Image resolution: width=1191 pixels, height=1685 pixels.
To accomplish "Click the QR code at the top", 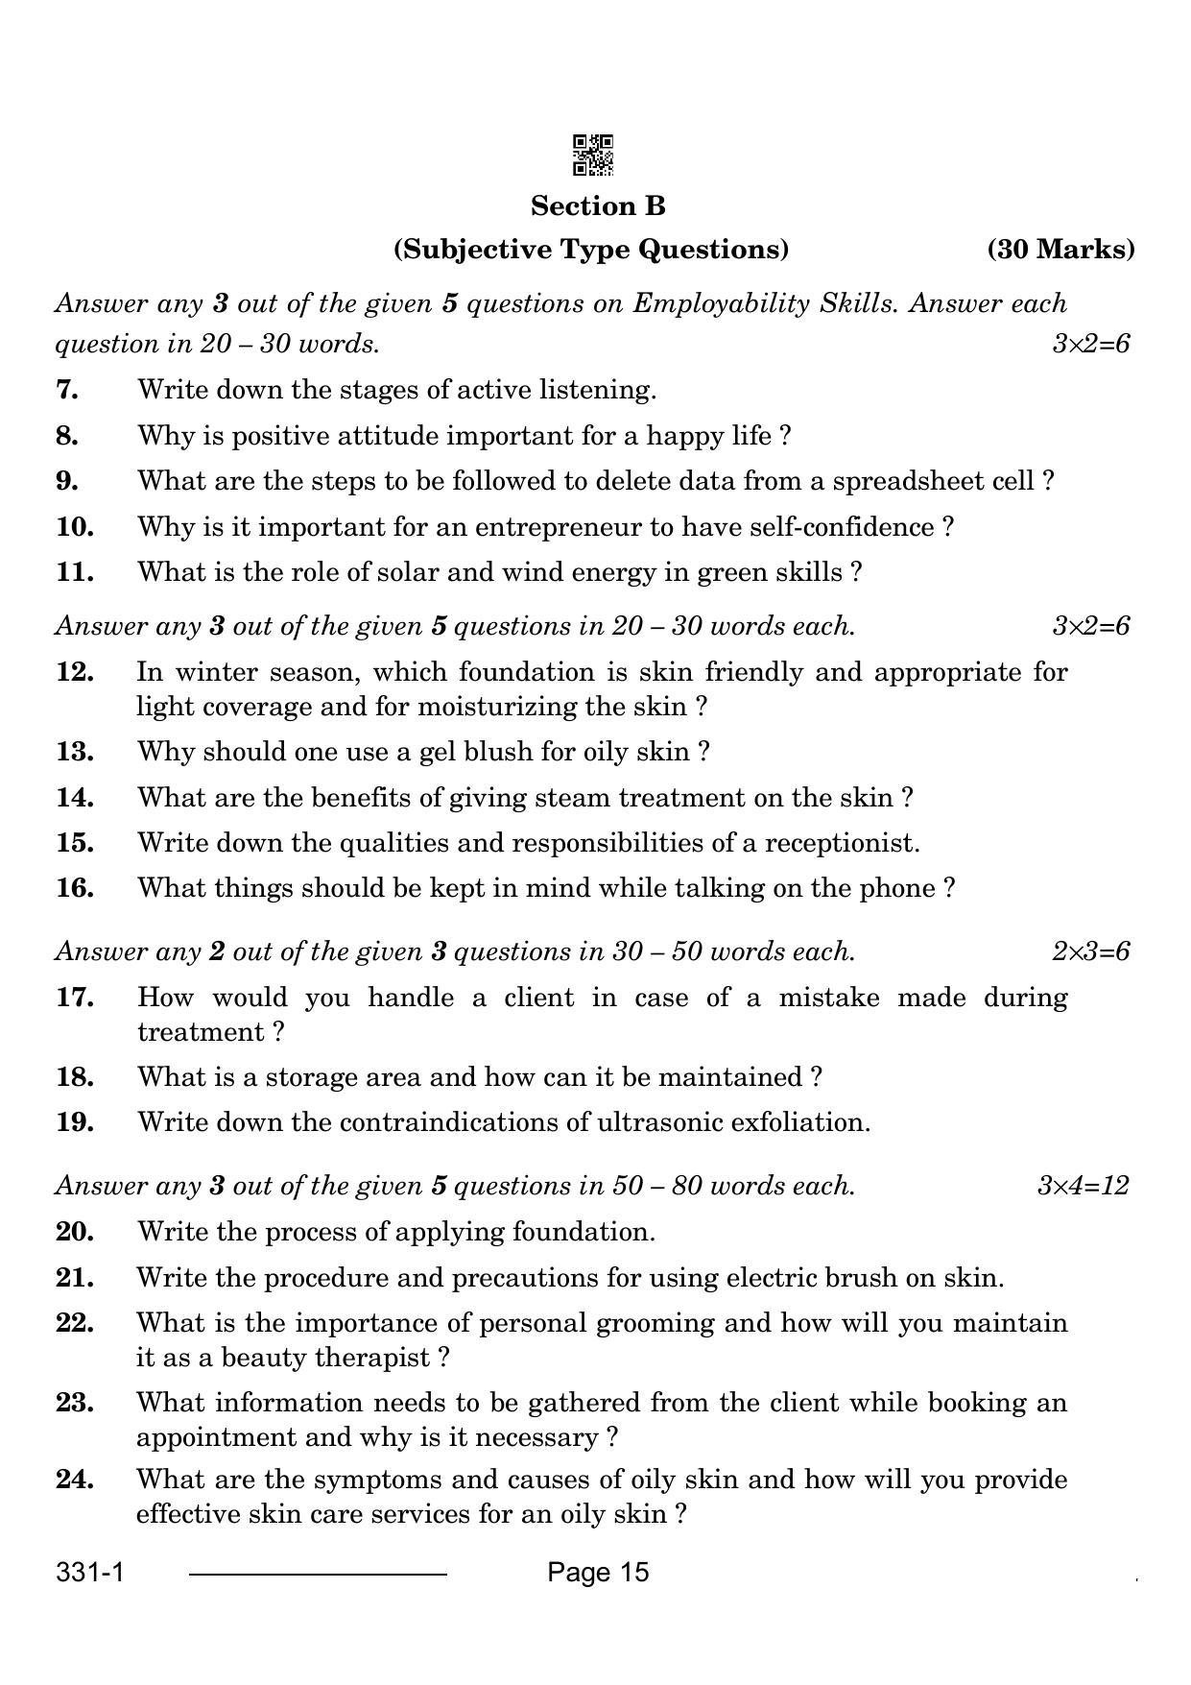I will click(x=593, y=156).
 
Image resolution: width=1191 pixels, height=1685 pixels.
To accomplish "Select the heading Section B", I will click(x=598, y=206).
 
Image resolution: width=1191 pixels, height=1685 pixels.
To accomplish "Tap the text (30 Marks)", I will click(x=1060, y=250).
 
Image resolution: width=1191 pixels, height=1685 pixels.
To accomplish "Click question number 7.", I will click(x=67, y=390).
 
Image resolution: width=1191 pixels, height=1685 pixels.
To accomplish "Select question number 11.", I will click(x=74, y=572).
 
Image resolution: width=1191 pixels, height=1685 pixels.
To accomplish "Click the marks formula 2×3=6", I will click(x=1090, y=951).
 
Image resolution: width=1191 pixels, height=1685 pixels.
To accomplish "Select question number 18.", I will click(x=74, y=1077).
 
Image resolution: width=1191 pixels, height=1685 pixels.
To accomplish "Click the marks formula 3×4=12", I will click(x=1083, y=1186).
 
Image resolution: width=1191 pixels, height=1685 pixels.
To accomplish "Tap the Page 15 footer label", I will click(x=598, y=1573).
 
